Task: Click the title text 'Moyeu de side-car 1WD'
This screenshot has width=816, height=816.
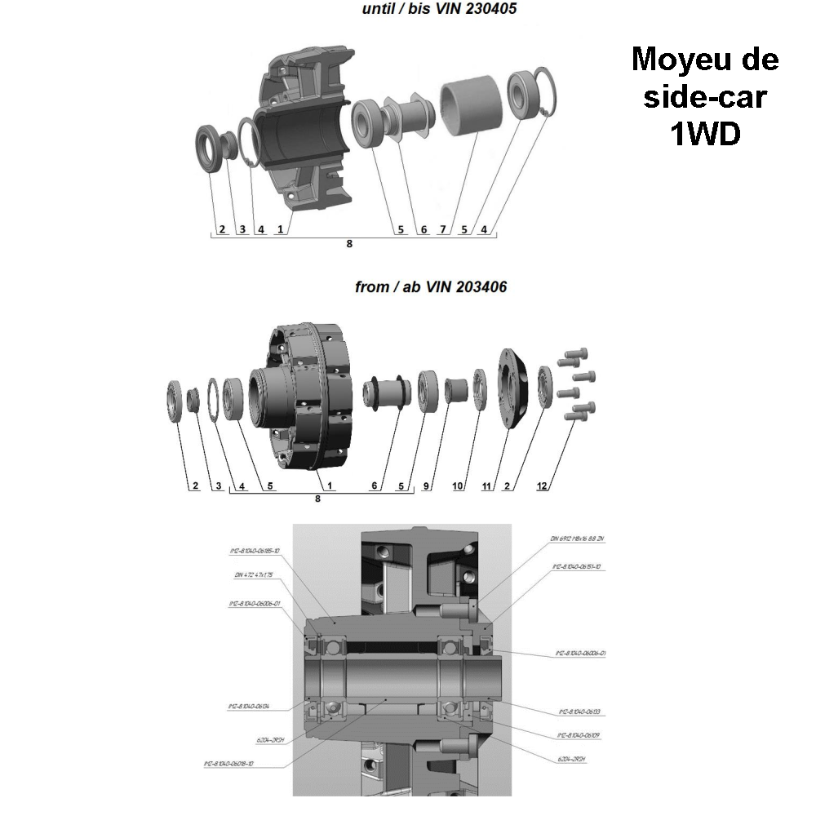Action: [x=704, y=97]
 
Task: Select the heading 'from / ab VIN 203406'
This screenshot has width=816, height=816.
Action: [x=431, y=287]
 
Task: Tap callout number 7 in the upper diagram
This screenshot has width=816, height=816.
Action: [x=442, y=229]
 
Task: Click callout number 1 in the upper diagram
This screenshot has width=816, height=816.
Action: [x=280, y=229]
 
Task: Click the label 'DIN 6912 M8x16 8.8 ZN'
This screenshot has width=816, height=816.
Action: [x=577, y=538]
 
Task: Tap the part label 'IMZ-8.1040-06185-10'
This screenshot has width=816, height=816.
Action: [x=255, y=551]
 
